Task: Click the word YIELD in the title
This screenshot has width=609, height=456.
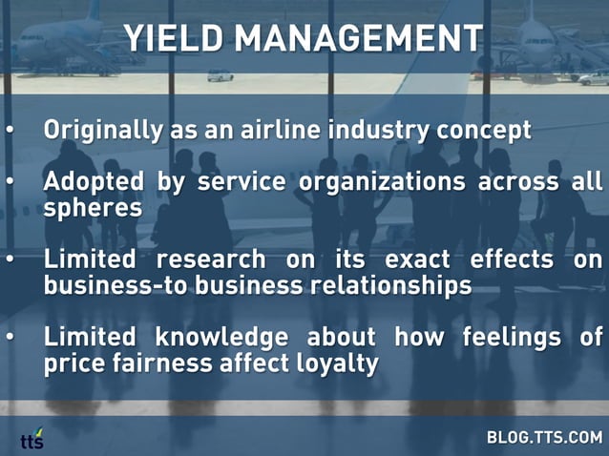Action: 175,38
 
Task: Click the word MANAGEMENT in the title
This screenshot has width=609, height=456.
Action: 359,38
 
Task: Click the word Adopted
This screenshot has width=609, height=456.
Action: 93,180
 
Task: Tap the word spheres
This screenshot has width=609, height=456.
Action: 93,206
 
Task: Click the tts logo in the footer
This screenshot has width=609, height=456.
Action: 32,438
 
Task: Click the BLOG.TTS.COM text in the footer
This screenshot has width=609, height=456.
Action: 544,438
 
